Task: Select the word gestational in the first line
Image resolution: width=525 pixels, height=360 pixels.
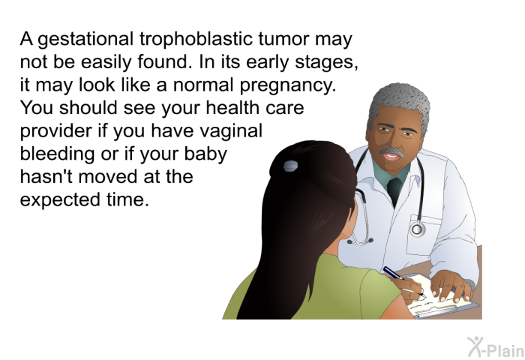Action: point(85,40)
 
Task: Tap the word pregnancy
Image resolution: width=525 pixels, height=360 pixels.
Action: point(287,85)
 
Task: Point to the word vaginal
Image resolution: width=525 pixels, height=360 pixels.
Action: point(231,131)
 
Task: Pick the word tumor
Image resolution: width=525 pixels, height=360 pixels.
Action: point(283,39)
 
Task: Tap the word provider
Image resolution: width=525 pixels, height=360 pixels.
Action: point(56,130)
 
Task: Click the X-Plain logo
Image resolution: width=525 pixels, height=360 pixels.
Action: point(496,347)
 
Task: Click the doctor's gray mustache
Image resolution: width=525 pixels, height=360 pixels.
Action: point(392,152)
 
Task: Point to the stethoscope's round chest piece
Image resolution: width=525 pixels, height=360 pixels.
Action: point(417,229)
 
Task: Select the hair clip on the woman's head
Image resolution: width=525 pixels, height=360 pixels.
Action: point(290,166)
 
